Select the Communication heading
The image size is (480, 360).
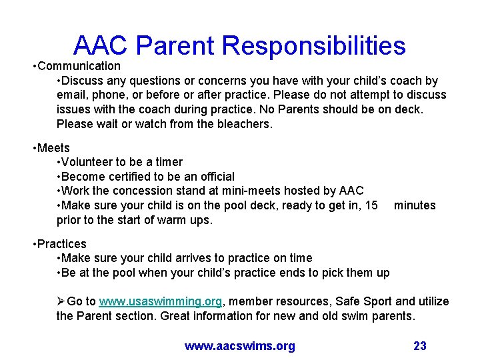pyautogui.click(x=79, y=66)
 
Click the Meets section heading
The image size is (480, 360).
pyautogui.click(x=53, y=147)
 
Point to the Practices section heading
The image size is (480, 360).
pyautogui.click(x=61, y=243)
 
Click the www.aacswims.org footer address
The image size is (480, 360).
pyautogui.click(x=239, y=345)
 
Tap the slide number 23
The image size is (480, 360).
pyautogui.click(x=420, y=345)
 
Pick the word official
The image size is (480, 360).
pyautogui.click(x=211, y=177)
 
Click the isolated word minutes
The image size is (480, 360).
pyautogui.click(x=415, y=205)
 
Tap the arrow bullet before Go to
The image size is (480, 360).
pyautogui.click(x=61, y=301)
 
